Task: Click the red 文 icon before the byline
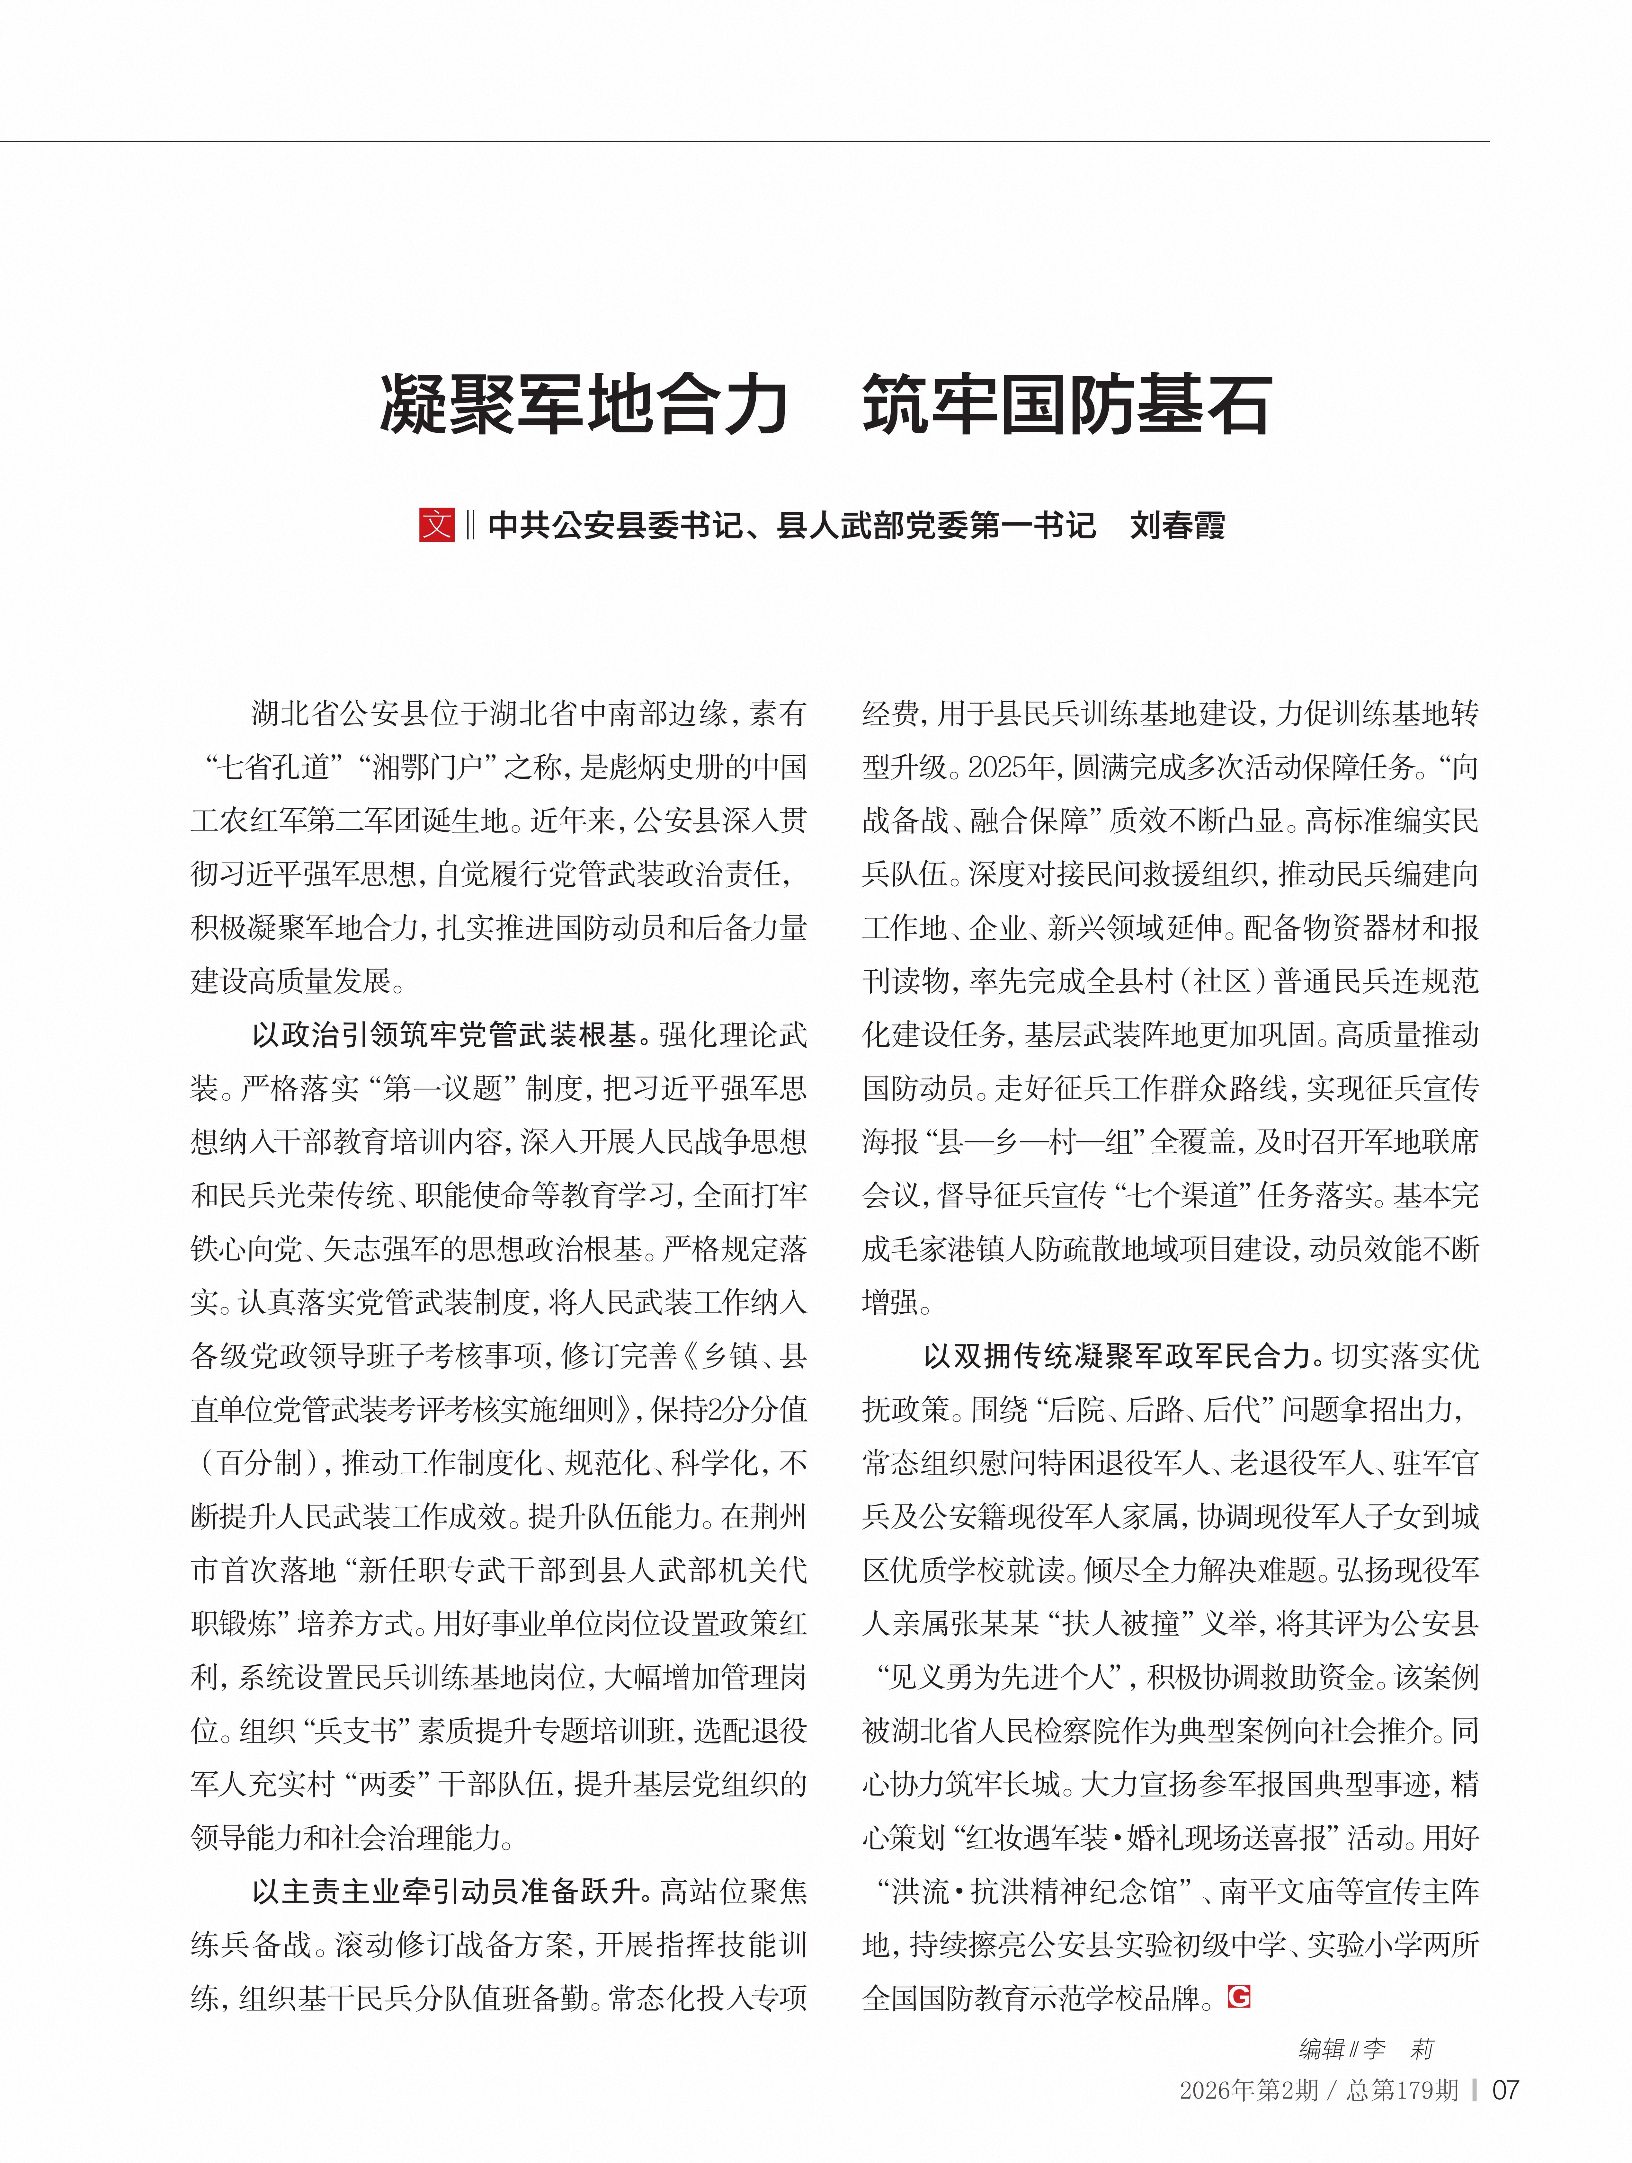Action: click(x=436, y=525)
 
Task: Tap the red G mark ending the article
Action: click(x=1239, y=1996)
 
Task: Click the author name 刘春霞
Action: click(x=1177, y=526)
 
